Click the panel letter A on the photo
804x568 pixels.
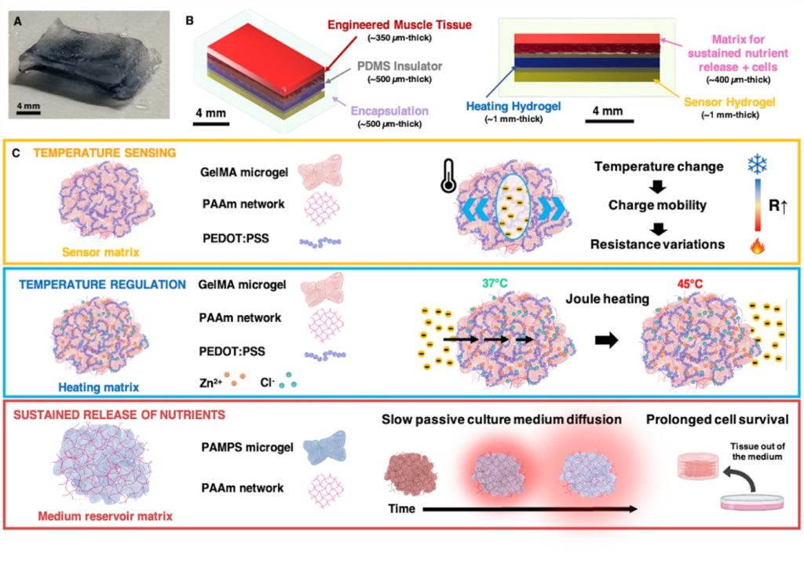click(17, 21)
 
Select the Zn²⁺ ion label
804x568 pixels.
click(211, 387)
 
